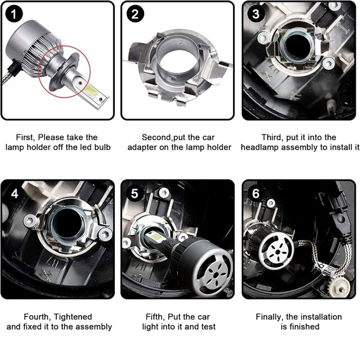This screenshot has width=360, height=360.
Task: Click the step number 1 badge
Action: (x=14, y=14)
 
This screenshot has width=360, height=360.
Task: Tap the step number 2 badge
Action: (x=135, y=14)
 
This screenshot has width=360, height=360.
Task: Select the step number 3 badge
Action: (x=256, y=14)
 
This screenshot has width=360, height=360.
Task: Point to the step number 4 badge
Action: (x=15, y=194)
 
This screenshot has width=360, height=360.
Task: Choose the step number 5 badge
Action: (x=135, y=193)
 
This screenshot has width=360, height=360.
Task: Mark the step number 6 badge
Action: (x=256, y=193)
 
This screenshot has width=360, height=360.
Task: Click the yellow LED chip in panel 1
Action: (x=91, y=92)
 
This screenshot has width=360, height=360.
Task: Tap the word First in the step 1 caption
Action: (x=25, y=137)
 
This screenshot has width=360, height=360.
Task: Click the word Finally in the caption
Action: (x=270, y=317)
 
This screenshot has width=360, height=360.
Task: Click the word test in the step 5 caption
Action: (x=208, y=327)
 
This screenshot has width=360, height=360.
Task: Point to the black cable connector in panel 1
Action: (x=12, y=68)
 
